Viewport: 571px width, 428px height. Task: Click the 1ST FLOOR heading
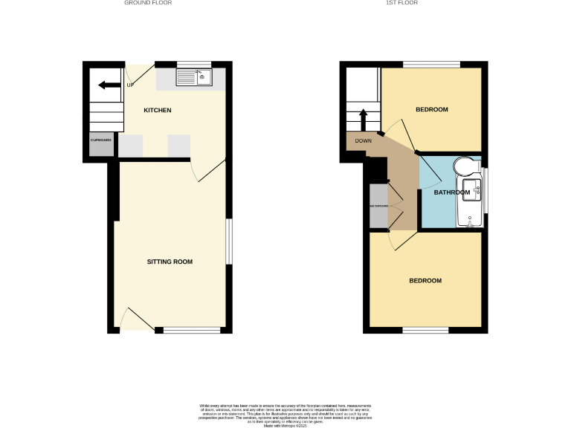[x=401, y=3]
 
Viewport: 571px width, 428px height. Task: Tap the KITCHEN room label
[x=158, y=110]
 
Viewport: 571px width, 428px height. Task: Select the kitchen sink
[x=193, y=77]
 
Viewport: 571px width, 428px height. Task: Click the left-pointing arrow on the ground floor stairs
[x=109, y=85]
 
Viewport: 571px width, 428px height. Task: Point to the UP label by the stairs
[x=130, y=84]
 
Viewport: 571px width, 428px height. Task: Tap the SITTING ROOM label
[x=170, y=262]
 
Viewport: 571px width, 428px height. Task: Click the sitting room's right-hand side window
[x=228, y=241]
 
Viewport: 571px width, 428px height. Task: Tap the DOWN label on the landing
[x=363, y=140]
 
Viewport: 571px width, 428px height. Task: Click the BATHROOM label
[x=452, y=192]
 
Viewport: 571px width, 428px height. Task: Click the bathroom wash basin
[x=474, y=189]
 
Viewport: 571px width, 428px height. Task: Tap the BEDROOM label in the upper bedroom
[x=431, y=110]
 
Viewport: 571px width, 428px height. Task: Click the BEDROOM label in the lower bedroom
[x=425, y=281]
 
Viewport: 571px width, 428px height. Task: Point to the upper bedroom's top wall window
[x=431, y=64]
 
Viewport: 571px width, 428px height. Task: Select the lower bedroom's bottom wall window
[x=426, y=330]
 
